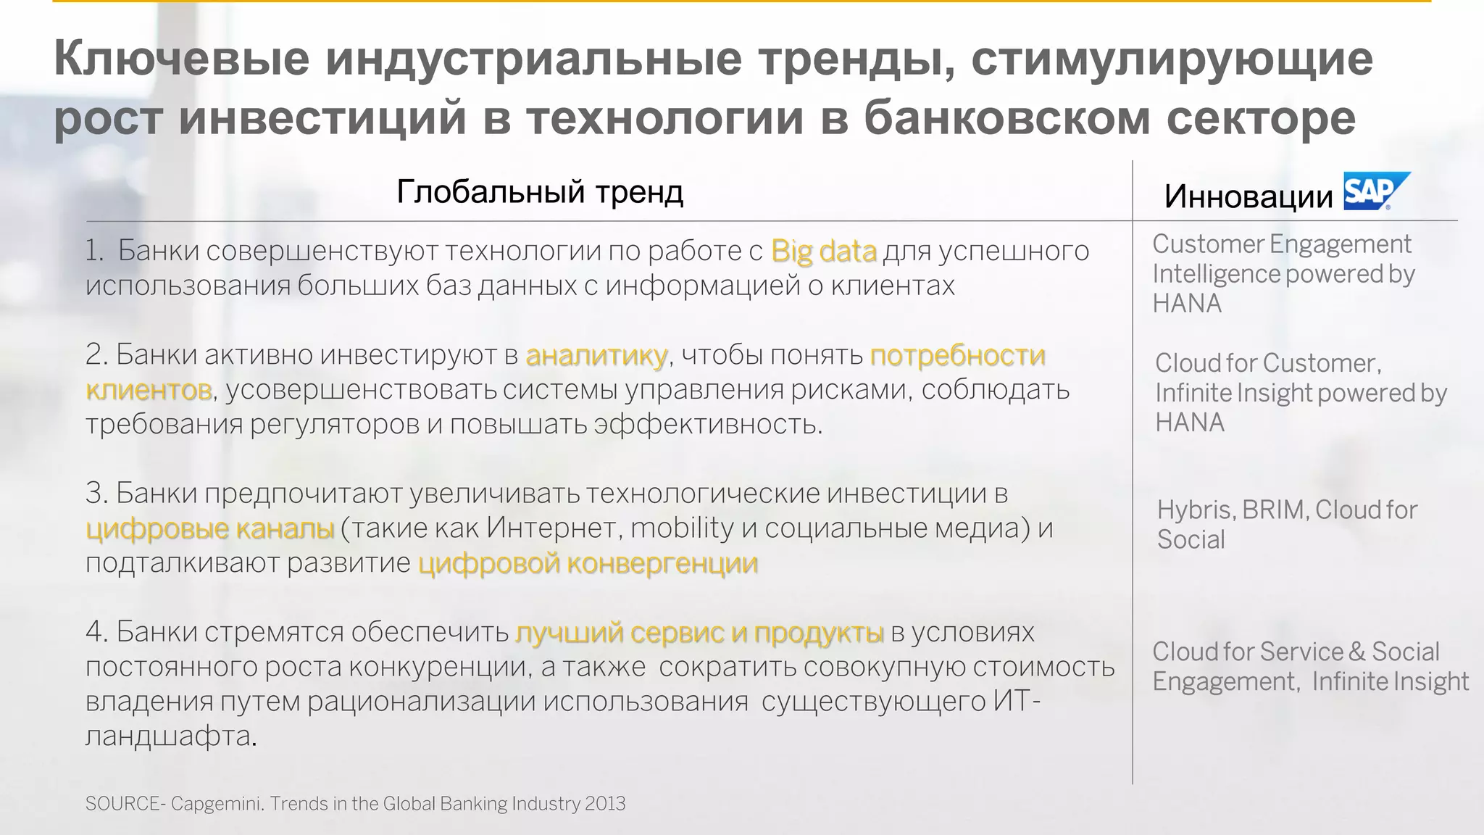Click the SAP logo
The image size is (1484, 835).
tap(1375, 191)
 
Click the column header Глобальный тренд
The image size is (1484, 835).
tap(540, 192)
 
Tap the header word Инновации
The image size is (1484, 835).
tap(1248, 196)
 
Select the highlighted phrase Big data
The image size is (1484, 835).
tap(824, 251)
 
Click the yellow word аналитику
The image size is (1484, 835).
tap(596, 355)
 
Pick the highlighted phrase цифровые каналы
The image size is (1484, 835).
tap(210, 528)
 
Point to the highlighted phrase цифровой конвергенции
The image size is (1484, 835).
tap(588, 563)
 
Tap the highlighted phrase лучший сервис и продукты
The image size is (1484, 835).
tap(699, 633)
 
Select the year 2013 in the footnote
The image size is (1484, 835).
tap(605, 804)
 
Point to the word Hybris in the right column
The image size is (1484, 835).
tap(1196, 510)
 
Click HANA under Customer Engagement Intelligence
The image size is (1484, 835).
tap(1186, 304)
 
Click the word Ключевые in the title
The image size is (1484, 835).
tap(182, 59)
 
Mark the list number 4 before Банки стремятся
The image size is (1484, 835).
tap(95, 632)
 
